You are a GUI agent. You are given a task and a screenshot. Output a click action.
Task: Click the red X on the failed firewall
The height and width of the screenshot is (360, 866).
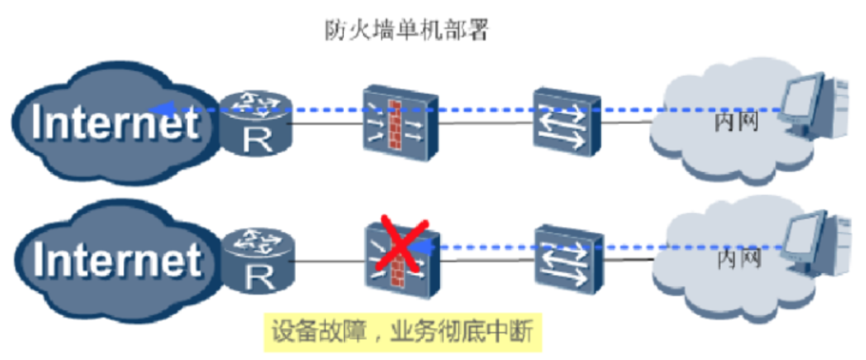399,245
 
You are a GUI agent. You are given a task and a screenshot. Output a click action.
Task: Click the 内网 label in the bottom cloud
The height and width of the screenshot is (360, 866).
739,259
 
